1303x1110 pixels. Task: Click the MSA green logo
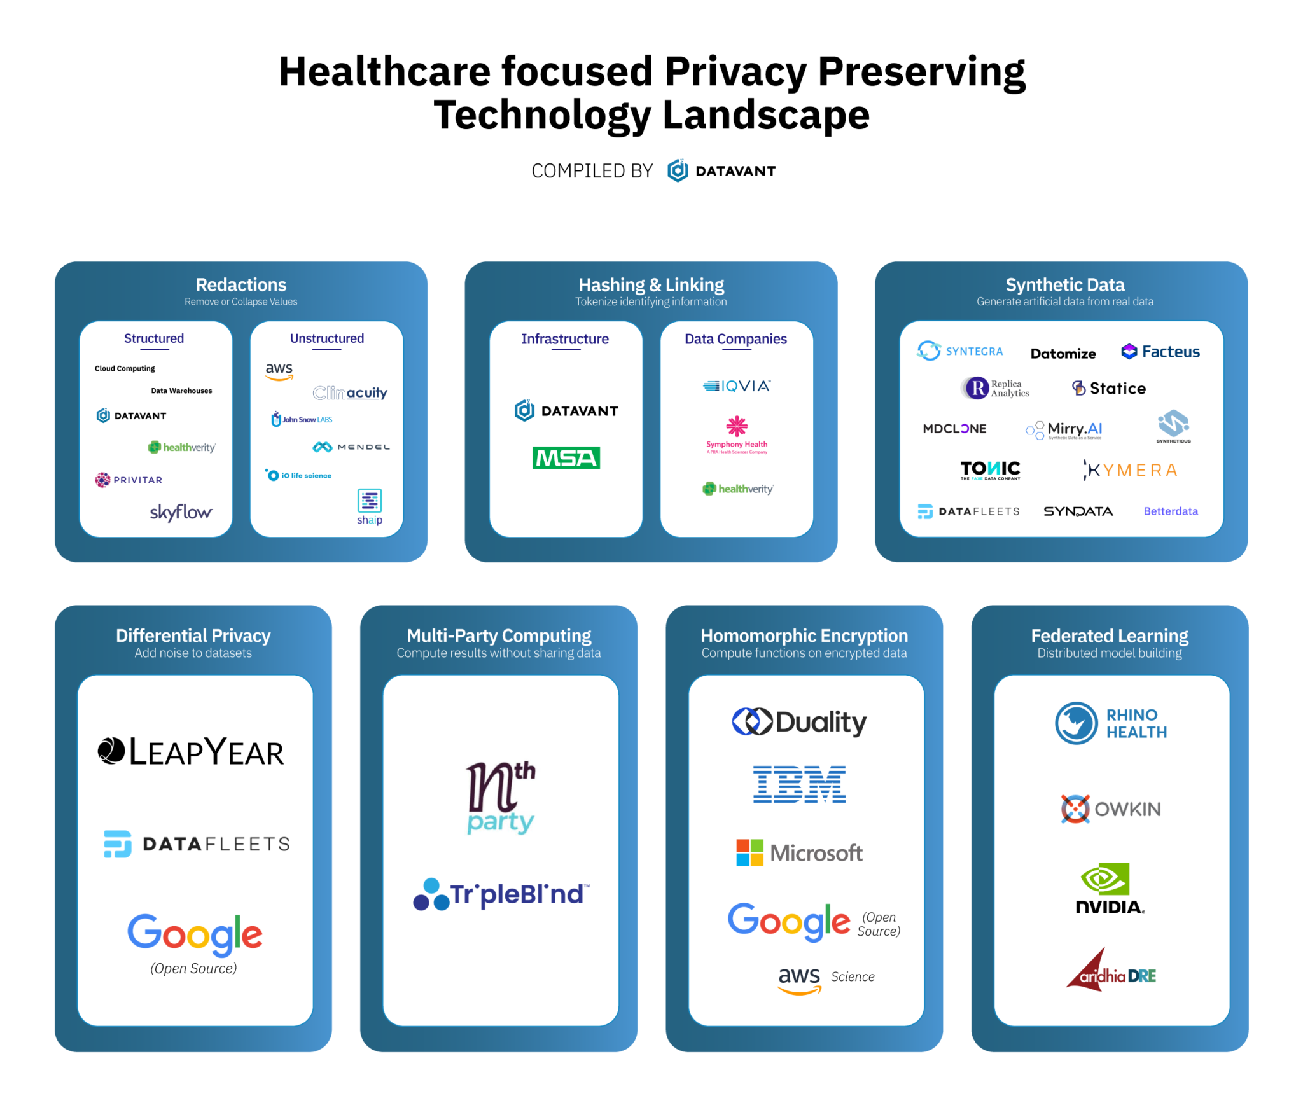(x=566, y=458)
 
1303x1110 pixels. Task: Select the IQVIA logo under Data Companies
(x=737, y=386)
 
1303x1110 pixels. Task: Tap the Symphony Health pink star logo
(x=737, y=426)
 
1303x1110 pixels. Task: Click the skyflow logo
(x=181, y=512)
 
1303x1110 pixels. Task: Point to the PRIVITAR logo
(x=129, y=480)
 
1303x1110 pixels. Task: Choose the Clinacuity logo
(x=350, y=393)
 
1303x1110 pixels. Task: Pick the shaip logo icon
(x=370, y=501)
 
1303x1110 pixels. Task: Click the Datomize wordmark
(x=1063, y=354)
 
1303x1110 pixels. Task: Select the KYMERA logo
(x=1131, y=470)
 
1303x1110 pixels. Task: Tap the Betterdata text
(x=1171, y=511)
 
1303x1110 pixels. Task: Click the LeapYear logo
(x=191, y=751)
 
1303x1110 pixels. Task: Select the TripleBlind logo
(x=501, y=894)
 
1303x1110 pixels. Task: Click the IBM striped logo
(x=800, y=784)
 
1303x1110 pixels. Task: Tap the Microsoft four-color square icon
(x=749, y=852)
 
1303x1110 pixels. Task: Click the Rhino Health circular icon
(x=1077, y=723)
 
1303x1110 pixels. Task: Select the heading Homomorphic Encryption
(x=804, y=635)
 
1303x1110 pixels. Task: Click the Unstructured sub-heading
(x=327, y=338)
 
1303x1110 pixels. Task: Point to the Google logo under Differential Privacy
(x=195, y=934)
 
